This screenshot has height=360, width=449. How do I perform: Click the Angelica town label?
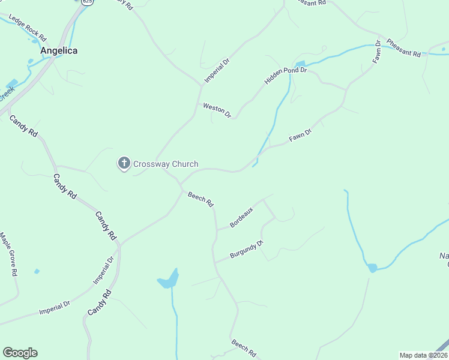pos(59,51)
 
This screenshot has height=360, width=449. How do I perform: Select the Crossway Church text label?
pos(166,164)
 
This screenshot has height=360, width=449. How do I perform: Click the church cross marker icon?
pos(124,163)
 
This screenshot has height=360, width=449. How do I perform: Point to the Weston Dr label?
pos(217,110)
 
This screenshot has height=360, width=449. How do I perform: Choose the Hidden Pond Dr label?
pos(286,76)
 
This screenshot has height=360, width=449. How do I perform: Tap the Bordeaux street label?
pos(242,217)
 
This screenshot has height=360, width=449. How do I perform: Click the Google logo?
pos(20,353)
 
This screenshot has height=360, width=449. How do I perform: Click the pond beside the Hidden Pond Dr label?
pos(300,64)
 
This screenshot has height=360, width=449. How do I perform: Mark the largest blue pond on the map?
pos(169,278)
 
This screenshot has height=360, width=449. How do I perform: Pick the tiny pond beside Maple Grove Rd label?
pos(37,271)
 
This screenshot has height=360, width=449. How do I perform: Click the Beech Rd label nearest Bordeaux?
pos(200,199)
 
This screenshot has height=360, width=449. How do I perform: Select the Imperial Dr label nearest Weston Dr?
pos(217,69)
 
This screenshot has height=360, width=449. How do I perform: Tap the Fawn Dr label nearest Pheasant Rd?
pos(377,52)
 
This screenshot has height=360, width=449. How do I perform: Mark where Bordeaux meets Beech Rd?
pos(217,229)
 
